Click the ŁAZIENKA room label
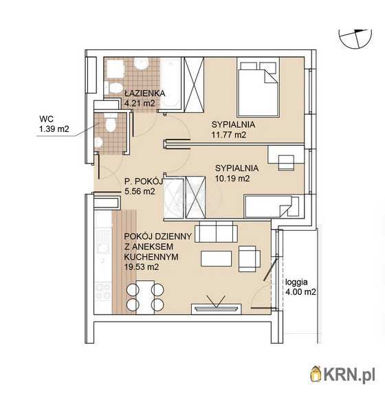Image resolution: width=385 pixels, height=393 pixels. (x=145, y=93)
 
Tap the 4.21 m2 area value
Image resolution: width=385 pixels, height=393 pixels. (x=140, y=103)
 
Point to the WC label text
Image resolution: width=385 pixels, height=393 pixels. (x=46, y=119)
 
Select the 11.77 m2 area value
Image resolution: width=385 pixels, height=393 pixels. (x=229, y=135)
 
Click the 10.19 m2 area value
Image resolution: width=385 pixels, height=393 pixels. (x=232, y=179)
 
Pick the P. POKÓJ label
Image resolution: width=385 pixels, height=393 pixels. (x=144, y=181)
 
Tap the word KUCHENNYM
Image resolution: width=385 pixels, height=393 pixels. (x=151, y=257)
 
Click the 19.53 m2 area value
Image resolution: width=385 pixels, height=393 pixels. (x=142, y=267)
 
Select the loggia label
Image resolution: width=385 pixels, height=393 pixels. (x=296, y=282)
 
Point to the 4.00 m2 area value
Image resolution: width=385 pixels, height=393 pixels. (x=300, y=292)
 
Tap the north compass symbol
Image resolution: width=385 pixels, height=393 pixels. (x=355, y=38)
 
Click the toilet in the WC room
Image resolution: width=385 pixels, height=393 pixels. (x=111, y=122)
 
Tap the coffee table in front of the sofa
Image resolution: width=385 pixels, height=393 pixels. (x=216, y=258)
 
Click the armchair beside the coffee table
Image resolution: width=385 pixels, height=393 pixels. (x=250, y=258)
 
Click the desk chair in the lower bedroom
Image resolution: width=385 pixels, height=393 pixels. (x=286, y=163)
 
